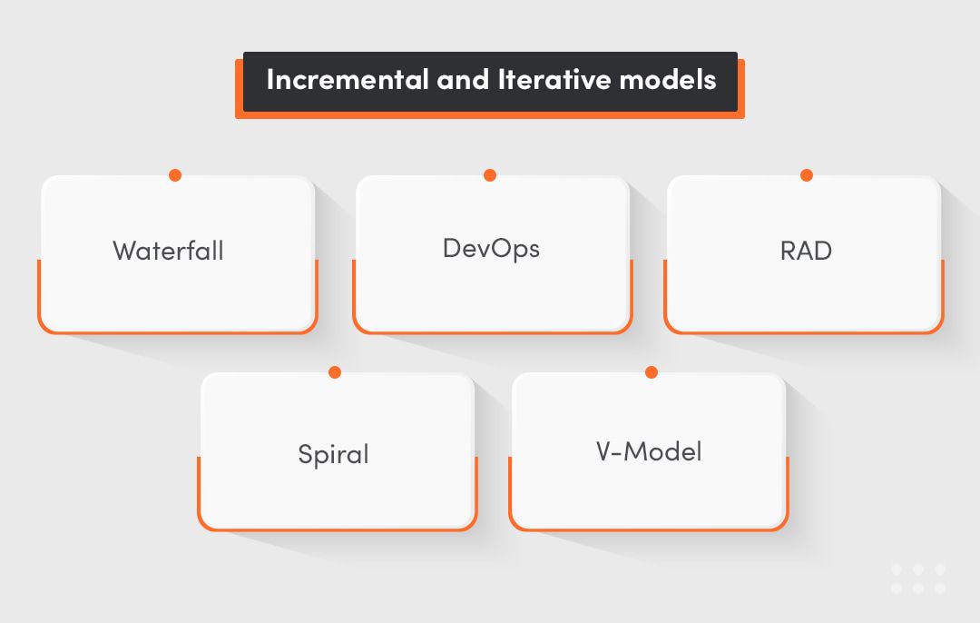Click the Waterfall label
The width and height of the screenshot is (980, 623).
coord(168,251)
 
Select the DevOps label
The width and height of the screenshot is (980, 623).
coord(491,248)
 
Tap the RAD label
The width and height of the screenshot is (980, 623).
coord(806,251)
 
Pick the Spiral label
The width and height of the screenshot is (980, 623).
coord(333,453)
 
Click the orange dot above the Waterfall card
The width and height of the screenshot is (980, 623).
coord(175,175)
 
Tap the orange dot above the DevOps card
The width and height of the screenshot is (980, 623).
coord(490,175)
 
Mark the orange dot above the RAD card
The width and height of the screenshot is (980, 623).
coord(806,175)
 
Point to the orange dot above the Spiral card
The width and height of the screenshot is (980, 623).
coord(335,372)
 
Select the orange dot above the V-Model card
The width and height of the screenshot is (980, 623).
coord(651,372)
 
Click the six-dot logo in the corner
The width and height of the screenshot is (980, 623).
coord(918,578)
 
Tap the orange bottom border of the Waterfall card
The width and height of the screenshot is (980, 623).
coord(177,332)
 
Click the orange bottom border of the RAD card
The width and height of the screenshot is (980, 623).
coord(804,332)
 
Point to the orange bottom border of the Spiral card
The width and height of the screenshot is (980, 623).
coord(337,529)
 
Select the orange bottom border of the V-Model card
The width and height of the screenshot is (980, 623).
coord(648,529)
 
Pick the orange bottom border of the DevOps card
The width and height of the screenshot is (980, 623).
coord(492,332)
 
